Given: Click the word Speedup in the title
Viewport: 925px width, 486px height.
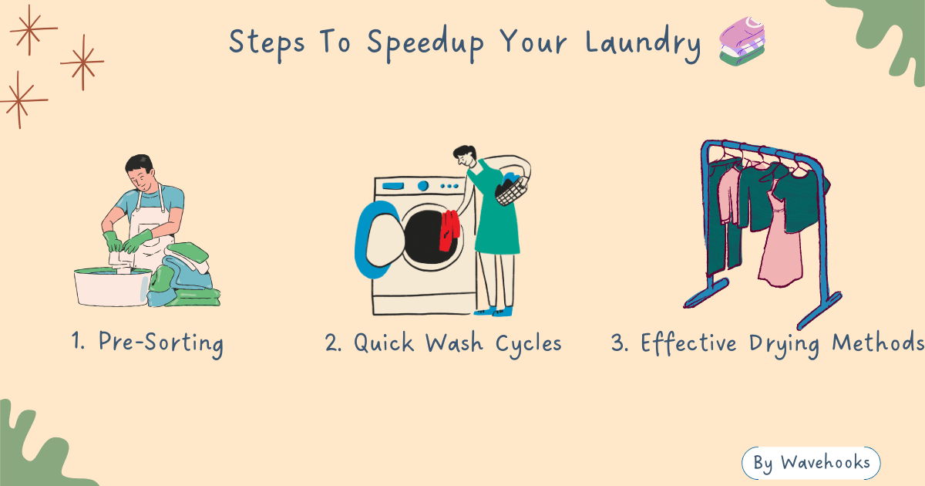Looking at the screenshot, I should click(426, 43).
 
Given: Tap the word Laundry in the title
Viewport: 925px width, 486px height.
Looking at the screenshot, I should click(643, 43).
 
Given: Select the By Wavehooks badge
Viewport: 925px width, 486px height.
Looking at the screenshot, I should click(811, 462).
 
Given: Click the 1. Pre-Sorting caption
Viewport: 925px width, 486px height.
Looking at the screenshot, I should click(147, 343).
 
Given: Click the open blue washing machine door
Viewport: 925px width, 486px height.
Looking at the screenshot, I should click(378, 240).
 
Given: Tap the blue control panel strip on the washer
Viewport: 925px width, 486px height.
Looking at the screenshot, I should click(393, 186).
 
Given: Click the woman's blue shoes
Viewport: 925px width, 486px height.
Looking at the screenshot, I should click(493, 310).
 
